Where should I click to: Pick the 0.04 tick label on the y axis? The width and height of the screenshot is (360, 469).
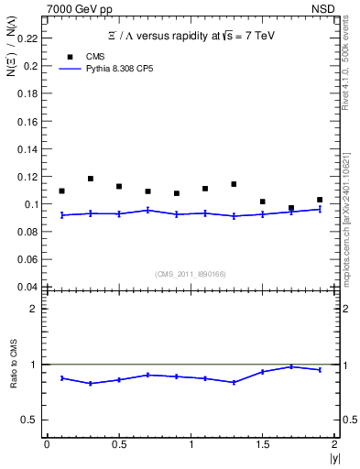pyautogui.click(x=30, y=287)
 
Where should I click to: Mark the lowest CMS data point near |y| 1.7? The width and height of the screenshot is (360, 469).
pyautogui.click(x=291, y=208)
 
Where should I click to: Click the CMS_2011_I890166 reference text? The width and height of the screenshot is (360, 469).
pyautogui.click(x=189, y=274)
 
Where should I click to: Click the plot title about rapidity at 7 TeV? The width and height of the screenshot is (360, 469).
pyautogui.click(x=190, y=36)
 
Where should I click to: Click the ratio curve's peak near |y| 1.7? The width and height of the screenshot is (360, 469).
pyautogui.click(x=291, y=366)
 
